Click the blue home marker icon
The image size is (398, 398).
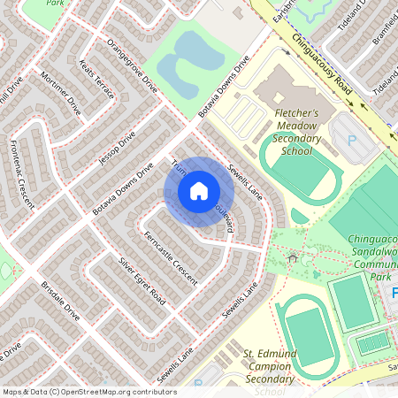pyautogui.click(x=199, y=191)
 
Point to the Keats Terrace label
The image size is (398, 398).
pyautogui.click(x=96, y=83)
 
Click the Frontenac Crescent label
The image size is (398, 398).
pyautogui.click(x=21, y=173)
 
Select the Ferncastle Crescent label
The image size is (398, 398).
pyautogui.click(x=170, y=257)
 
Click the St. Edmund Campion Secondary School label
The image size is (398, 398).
pyautogui.click(x=270, y=371)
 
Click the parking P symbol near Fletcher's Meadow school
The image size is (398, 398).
pyautogui.click(x=353, y=141)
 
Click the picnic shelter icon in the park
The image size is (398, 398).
pyautogui.click(x=292, y=257)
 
